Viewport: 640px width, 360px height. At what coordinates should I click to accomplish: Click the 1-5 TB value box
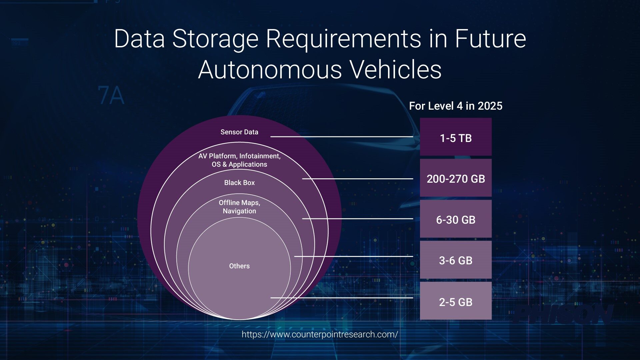(x=456, y=137)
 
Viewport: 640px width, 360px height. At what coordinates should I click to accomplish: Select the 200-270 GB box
(x=456, y=178)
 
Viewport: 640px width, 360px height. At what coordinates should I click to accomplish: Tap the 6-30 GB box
(x=456, y=219)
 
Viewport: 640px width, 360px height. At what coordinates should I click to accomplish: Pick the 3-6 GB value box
(x=456, y=260)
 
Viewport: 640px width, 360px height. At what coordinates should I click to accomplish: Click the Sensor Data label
(x=239, y=132)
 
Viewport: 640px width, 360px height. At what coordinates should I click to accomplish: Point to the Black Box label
(x=239, y=183)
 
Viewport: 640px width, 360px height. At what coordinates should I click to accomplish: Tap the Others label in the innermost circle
(x=239, y=266)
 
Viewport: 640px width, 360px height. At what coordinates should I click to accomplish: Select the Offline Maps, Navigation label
(x=239, y=207)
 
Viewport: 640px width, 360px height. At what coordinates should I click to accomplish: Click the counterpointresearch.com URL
(x=320, y=334)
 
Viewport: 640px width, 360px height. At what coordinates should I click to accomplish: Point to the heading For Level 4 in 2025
(x=456, y=106)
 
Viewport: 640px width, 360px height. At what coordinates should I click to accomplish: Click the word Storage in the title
(x=215, y=39)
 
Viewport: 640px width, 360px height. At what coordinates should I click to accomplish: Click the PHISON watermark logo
(x=563, y=314)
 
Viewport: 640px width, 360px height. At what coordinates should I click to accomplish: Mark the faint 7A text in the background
(x=111, y=96)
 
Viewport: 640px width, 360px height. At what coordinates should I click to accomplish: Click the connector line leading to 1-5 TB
(x=342, y=137)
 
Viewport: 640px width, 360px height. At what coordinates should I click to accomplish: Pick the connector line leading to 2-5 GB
(x=342, y=298)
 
